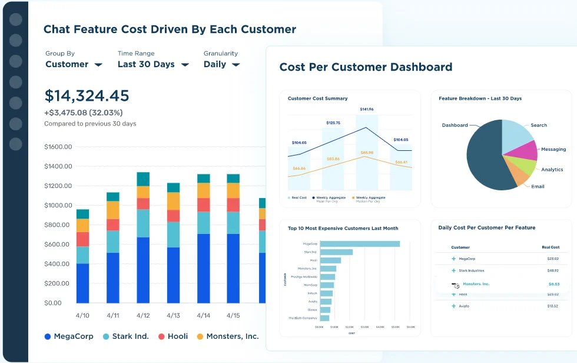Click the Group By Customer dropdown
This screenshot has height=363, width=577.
(73, 64)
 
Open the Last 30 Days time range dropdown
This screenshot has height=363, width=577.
(152, 64)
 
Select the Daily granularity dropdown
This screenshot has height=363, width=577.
(221, 64)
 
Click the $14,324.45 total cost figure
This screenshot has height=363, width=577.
(87, 96)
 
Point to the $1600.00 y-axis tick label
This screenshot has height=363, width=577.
(58, 147)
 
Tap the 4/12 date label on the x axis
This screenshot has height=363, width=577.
(142, 315)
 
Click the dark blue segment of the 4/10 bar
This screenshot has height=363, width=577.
(82, 283)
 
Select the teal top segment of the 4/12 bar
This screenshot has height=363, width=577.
(143, 179)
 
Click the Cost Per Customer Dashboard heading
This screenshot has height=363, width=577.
(366, 67)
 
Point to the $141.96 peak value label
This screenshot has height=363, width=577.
(367, 109)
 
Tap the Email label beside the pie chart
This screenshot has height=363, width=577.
(538, 186)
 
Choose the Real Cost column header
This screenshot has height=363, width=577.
(550, 247)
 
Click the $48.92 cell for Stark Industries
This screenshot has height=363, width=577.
(552, 270)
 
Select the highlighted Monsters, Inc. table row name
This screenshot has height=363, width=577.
(476, 284)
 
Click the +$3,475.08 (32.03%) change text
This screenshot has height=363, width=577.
(83, 113)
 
